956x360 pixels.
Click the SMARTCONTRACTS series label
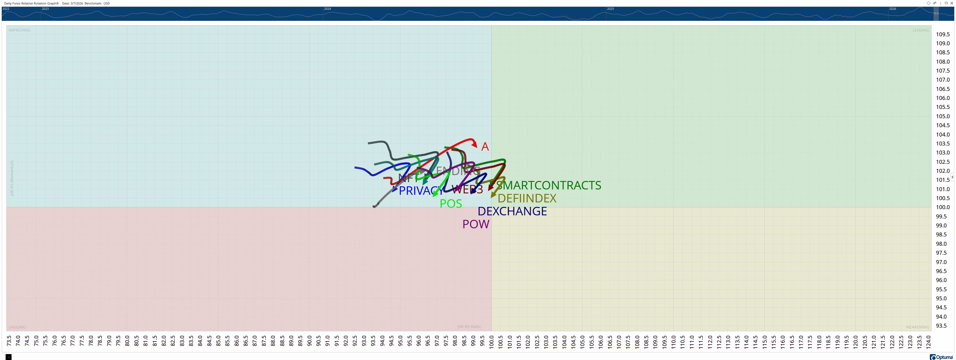pos(549,185)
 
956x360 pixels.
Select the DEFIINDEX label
pos(527,198)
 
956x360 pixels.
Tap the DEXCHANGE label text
pos(512,211)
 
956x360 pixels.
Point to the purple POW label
pos(475,224)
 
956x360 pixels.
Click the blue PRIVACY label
pos(419,191)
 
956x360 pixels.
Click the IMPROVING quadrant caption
pos(20,30)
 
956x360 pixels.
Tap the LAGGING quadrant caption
pos(17,327)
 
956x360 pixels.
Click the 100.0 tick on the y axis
pos(943,207)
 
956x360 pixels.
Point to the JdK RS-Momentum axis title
pos(12,178)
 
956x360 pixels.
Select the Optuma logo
pos(941,357)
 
